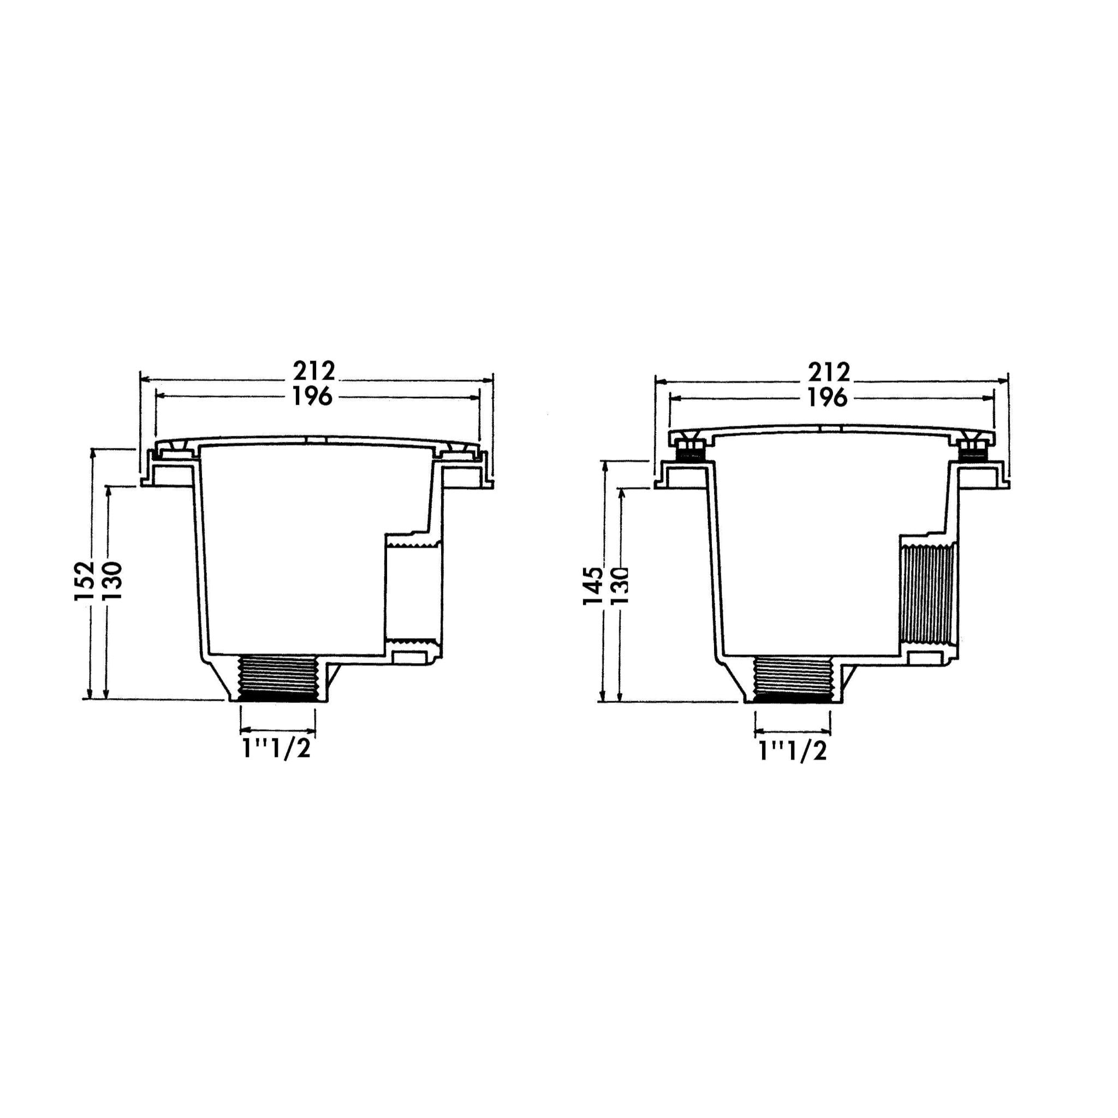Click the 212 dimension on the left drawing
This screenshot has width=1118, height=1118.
[314, 371]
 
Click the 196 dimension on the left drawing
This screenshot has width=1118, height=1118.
[312, 396]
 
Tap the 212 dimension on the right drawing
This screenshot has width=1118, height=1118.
[829, 372]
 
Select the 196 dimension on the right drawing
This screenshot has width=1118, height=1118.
[828, 398]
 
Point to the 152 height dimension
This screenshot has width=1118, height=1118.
[85, 580]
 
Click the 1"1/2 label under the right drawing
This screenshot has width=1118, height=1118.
[793, 751]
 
